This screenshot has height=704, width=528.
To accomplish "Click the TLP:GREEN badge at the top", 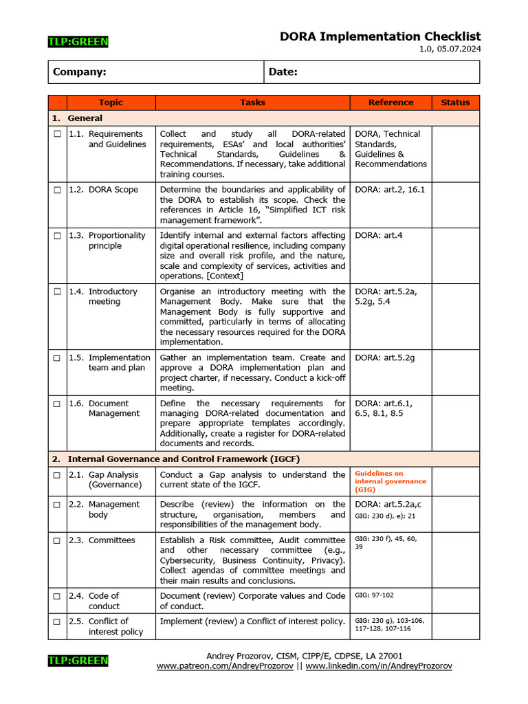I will point(78,42).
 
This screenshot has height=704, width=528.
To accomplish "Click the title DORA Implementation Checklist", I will point(379,36).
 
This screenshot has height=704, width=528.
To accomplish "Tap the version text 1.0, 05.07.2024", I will point(450,49).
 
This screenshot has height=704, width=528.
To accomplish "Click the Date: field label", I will point(283,72).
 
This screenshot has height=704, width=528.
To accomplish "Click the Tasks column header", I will point(252,102).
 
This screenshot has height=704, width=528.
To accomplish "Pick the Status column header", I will point(455,102).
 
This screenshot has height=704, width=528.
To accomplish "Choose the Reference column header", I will point(390,102).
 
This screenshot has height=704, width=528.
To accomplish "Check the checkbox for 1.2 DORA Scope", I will point(57,190).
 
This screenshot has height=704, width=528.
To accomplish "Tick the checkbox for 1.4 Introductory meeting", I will point(57,291).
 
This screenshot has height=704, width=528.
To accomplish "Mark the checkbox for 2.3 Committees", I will point(57,540).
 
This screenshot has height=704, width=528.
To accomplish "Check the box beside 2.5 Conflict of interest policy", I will point(57,621).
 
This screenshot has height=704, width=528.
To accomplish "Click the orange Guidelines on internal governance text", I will point(390,481).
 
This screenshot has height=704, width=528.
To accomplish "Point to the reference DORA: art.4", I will point(379,235).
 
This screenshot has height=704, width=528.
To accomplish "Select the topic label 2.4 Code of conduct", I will point(103,601).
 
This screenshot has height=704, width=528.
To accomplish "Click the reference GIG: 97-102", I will point(374,595).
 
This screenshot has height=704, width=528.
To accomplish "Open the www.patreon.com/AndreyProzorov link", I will point(225,666).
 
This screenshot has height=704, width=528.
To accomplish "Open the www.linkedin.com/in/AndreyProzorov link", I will point(379,666).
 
